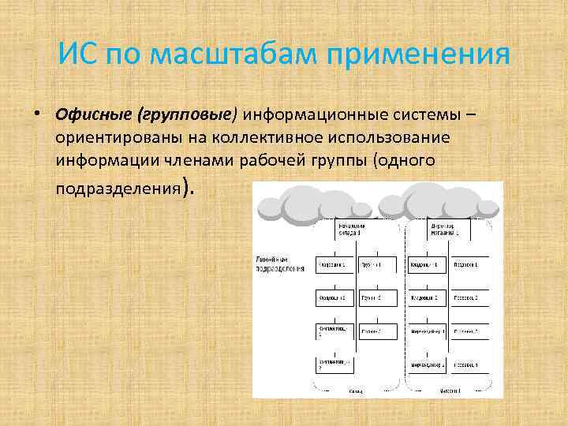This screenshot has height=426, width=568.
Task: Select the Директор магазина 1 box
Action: click(x=447, y=230)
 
